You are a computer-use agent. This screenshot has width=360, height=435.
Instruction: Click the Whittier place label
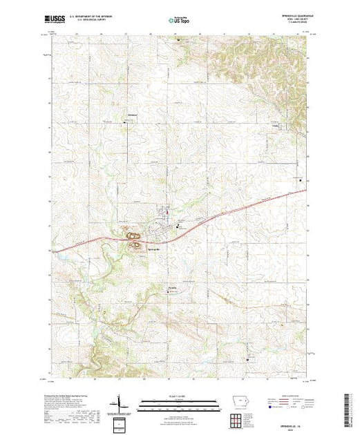click(133, 114)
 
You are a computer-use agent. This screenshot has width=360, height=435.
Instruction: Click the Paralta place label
click(173, 287)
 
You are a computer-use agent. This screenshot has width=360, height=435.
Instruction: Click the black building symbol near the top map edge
click(182, 40)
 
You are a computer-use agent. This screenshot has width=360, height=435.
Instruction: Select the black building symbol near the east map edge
click(310, 180)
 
